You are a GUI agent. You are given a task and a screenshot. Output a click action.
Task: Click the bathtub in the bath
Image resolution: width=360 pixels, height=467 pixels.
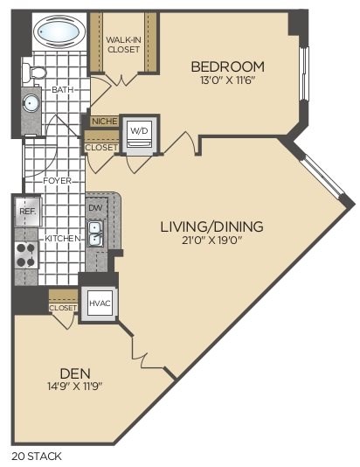(59, 33)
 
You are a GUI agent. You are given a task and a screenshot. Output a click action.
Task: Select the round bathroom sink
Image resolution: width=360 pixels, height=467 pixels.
(32, 103)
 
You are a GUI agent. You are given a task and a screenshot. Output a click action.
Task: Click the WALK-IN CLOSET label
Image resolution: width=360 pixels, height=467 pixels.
(124, 44)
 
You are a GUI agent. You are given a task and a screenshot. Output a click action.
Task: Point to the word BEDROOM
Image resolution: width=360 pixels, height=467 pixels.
(228, 66)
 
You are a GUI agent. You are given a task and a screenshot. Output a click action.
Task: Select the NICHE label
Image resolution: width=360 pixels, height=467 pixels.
(104, 122)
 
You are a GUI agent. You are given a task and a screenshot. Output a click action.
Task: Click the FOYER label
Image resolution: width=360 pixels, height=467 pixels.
(58, 181)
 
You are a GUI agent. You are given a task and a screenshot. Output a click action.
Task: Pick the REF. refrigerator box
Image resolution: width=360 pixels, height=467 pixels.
(27, 211)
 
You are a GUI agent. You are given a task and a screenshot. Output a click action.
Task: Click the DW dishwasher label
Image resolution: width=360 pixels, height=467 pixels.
(94, 208)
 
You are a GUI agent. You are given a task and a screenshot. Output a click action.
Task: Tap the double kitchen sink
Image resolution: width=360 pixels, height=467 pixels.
(94, 233)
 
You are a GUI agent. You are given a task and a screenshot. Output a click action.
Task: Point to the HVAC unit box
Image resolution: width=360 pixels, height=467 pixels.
(97, 303)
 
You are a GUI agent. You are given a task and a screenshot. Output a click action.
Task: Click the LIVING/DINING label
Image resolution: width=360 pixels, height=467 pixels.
(211, 227)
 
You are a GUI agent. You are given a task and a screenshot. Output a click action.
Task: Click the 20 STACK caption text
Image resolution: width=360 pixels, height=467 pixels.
(37, 456)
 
